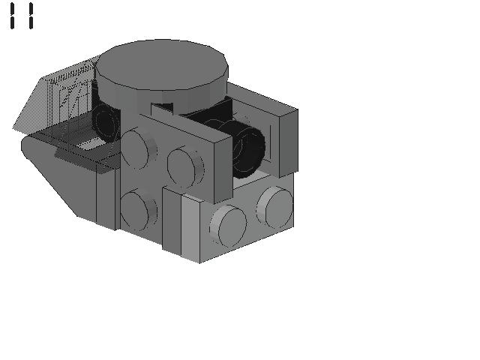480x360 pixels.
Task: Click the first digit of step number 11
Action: (12, 16)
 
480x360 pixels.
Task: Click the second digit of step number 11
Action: (31, 16)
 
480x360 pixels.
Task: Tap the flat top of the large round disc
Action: (162, 64)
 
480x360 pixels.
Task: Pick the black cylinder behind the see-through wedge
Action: (106, 122)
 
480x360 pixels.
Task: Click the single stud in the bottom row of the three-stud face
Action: (139, 210)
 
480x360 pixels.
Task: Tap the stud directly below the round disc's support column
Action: (139, 148)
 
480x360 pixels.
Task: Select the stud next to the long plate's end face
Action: (185, 167)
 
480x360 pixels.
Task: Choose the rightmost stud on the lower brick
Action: (275, 207)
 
